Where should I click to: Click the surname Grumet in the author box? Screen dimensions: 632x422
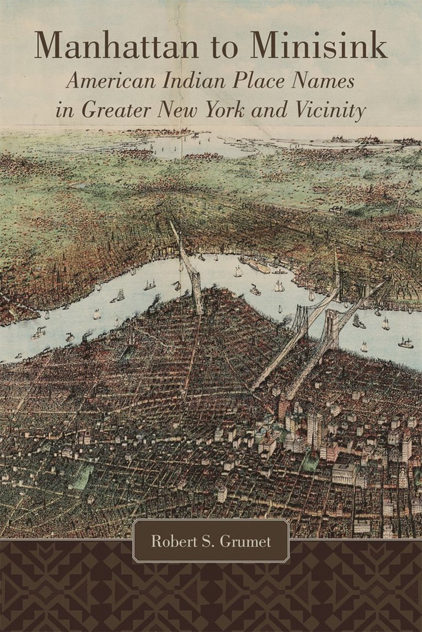pos(246,542)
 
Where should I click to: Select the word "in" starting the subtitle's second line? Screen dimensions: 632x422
pos(63,111)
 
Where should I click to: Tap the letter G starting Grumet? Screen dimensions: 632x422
pos(226,542)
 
